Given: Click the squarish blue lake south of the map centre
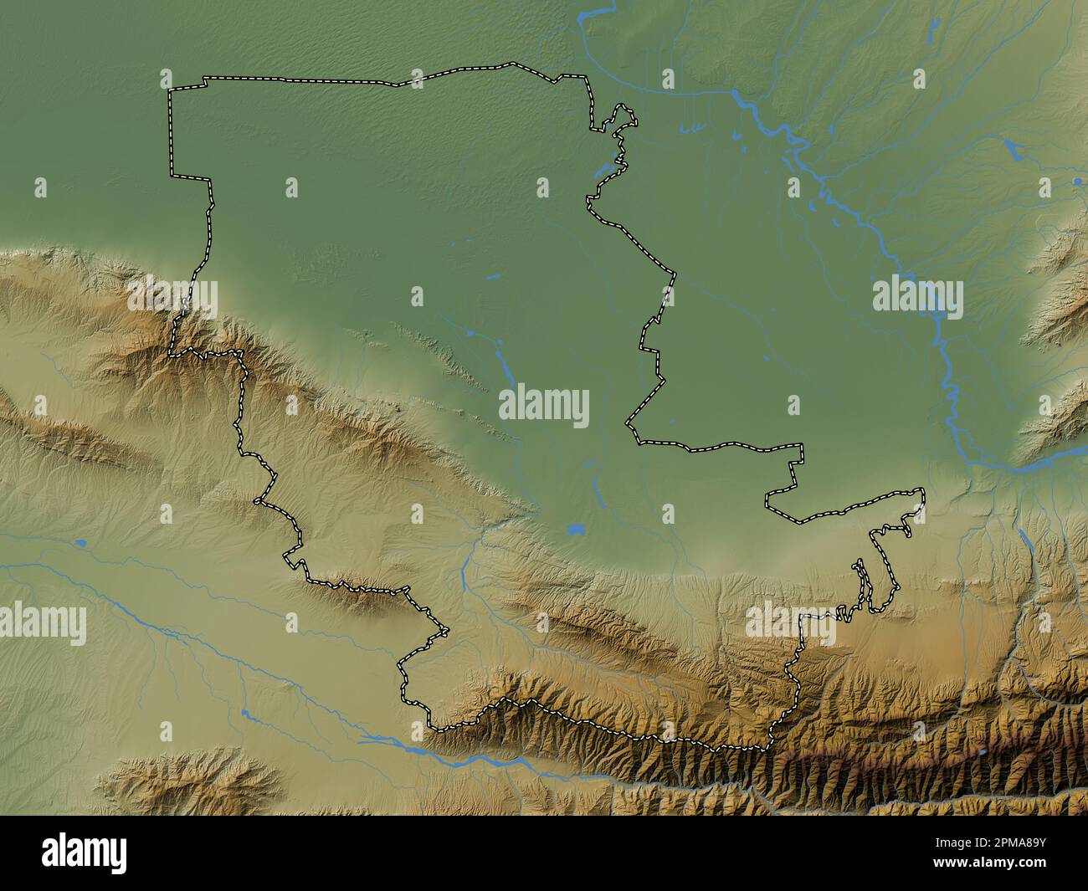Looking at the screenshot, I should tap(574, 529).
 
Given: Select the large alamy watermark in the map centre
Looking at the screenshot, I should tap(544, 407).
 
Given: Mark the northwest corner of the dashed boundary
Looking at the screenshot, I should tap(170, 90).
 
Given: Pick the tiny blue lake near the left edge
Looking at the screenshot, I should tap(80, 542).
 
